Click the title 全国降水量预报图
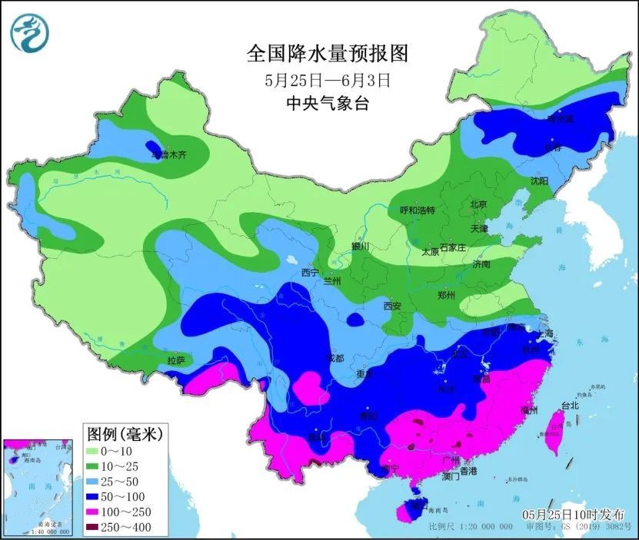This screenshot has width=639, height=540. (326, 54)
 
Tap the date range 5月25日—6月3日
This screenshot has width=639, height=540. (327, 79)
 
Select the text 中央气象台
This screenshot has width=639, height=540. (326, 104)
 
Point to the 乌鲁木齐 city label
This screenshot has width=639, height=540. (168, 154)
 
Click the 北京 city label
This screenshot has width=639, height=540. (478, 205)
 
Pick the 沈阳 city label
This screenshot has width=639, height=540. (539, 181)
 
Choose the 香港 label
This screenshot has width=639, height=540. (468, 470)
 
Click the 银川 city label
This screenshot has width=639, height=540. (361, 247)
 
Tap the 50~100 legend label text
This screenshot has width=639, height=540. (130, 496)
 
